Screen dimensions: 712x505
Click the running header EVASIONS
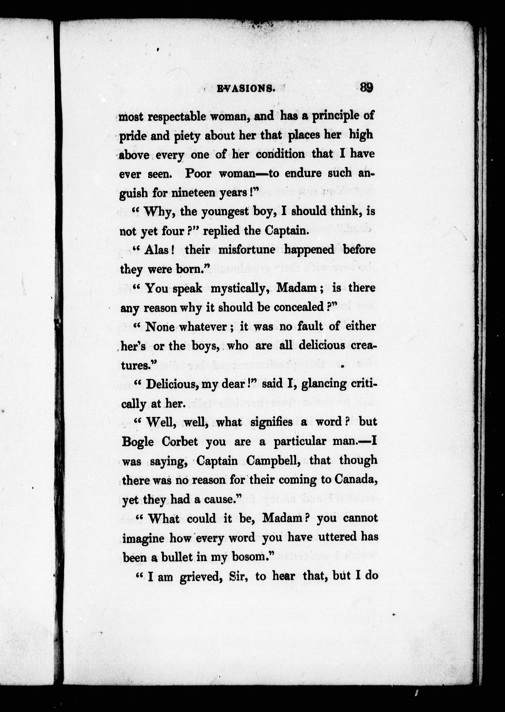(x=246, y=89)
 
